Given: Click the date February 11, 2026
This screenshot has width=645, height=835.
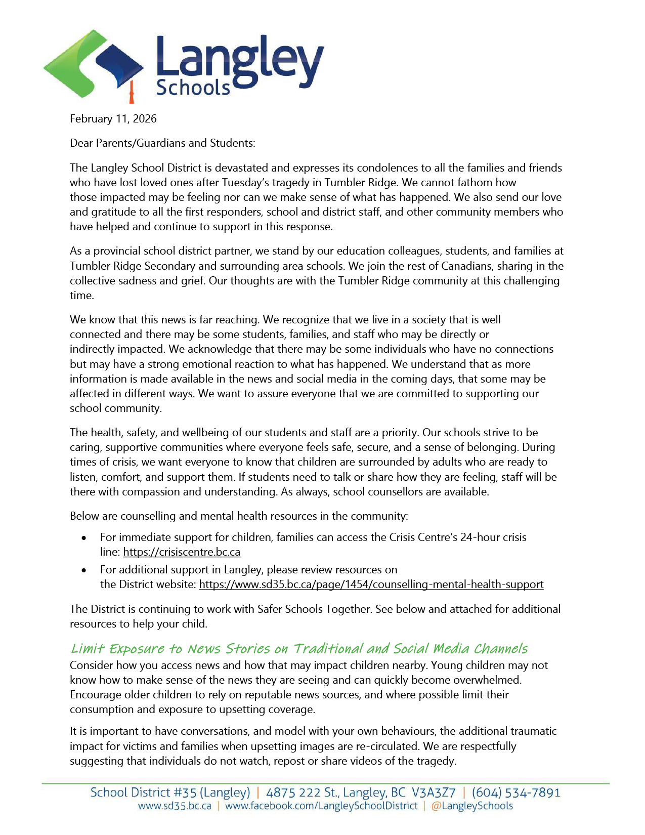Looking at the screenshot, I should (x=113, y=119).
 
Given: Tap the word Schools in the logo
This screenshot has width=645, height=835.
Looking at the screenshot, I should (x=193, y=88).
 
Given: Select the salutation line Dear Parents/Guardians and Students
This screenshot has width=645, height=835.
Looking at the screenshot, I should (x=162, y=143).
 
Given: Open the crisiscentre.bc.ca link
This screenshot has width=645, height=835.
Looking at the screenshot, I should (x=182, y=552).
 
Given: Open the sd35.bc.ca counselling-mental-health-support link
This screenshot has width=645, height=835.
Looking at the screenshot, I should (x=371, y=584).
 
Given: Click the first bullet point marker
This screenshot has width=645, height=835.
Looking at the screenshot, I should (x=84, y=538).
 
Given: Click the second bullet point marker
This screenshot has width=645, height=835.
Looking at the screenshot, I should (x=84, y=570).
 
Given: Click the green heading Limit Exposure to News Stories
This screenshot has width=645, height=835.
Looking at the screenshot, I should (x=299, y=649).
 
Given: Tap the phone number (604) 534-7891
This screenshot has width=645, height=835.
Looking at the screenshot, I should (x=516, y=792).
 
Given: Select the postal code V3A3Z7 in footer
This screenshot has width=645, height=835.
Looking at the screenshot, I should (x=434, y=792).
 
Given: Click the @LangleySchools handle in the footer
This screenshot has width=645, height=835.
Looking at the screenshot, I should (x=471, y=806).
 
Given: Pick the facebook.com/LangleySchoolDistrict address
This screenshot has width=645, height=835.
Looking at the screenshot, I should (x=321, y=806).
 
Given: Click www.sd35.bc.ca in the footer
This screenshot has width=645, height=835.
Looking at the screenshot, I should (x=175, y=806).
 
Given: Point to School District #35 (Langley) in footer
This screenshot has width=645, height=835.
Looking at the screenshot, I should (x=170, y=792).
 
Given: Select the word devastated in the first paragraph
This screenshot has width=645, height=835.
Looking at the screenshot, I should (x=242, y=168).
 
